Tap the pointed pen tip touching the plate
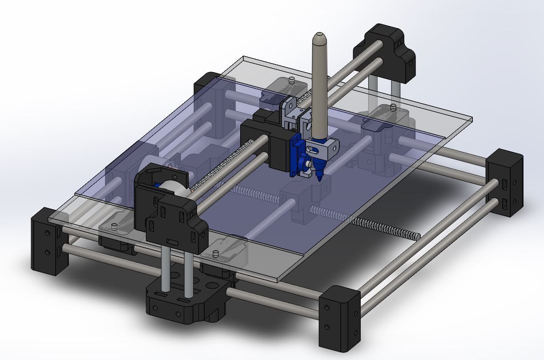point(319,178)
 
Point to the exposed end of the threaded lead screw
point(415,236)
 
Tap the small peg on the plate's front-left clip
point(115,227)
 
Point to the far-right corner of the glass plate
point(471,119)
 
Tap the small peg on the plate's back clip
point(291,81)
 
